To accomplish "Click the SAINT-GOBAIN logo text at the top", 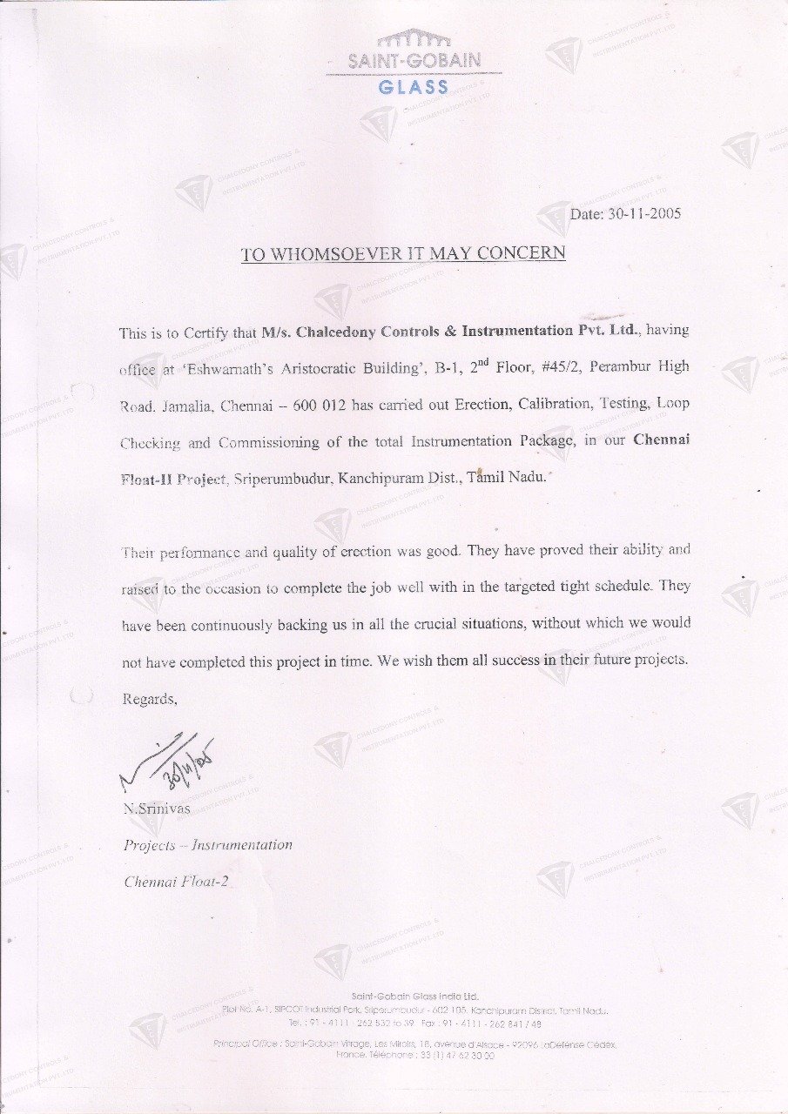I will pyautogui.click(x=414, y=62).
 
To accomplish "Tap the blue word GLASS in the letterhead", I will pyautogui.click(x=414, y=87).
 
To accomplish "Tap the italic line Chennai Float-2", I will pyautogui.click(x=176, y=882).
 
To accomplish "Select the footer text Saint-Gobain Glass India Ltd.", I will pyautogui.click(x=414, y=996).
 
